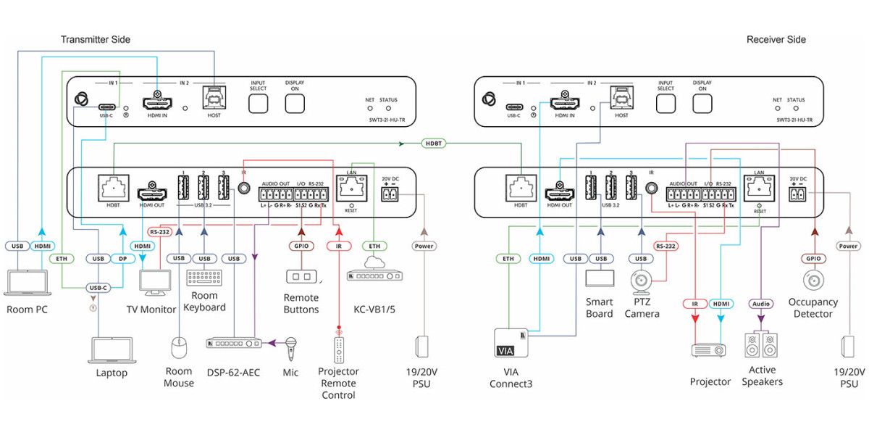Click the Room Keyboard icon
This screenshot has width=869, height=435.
coord(205,278)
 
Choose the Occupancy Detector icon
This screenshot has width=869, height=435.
coord(813,278)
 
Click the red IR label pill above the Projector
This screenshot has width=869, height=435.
coord(694,304)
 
